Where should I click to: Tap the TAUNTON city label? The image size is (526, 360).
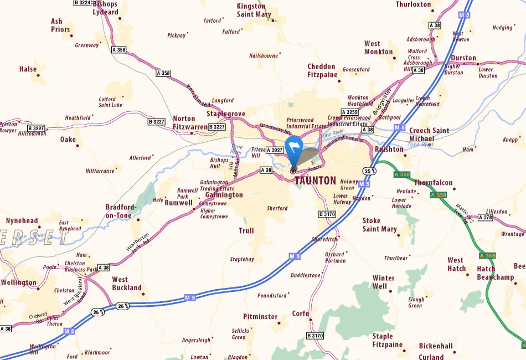click(x=315, y=181)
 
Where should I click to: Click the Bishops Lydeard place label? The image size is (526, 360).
click(x=105, y=7)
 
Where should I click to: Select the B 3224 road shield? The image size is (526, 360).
click(x=82, y=3)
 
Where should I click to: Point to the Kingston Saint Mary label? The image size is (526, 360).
click(x=254, y=10)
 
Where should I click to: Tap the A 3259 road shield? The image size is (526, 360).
click(x=349, y=112)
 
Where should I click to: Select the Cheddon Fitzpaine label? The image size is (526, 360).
click(x=322, y=70)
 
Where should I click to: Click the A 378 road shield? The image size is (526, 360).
click(x=484, y=218)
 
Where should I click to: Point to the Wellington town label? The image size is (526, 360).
click(x=18, y=282)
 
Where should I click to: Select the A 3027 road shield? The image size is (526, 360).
click(x=275, y=150)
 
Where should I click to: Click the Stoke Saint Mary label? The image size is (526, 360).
click(x=379, y=224)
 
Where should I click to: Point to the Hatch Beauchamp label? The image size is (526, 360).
click(x=495, y=273)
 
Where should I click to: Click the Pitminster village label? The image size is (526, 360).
click(x=260, y=317)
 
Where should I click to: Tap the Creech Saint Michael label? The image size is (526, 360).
click(x=429, y=135)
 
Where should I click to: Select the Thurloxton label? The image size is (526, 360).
click(x=413, y=4)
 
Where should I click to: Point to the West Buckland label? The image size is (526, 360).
click(x=127, y=284)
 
